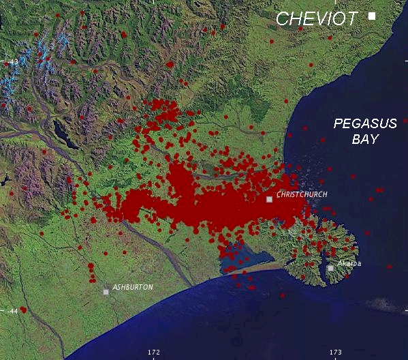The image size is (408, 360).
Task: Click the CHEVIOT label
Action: pos(316,18)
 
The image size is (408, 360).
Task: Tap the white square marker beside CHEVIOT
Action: pos(372,16)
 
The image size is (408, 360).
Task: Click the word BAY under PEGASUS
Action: pos(364,139)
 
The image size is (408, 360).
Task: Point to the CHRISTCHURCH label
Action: pos(302,195)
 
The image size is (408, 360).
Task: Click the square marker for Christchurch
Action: pos(270,199)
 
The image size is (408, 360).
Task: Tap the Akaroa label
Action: pos(349,263)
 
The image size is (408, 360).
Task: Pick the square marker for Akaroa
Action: pos(330,268)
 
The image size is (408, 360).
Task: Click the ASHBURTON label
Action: pos(133,287)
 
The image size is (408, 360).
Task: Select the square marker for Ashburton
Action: pos(106,292)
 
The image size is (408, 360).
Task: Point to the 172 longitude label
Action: pos(154,352)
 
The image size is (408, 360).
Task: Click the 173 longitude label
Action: pos(336,352)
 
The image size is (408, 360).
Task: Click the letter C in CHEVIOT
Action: pos(281,18)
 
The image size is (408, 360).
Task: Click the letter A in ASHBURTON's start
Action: pos(115,287)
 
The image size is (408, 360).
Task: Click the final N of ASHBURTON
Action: pos(151,287)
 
